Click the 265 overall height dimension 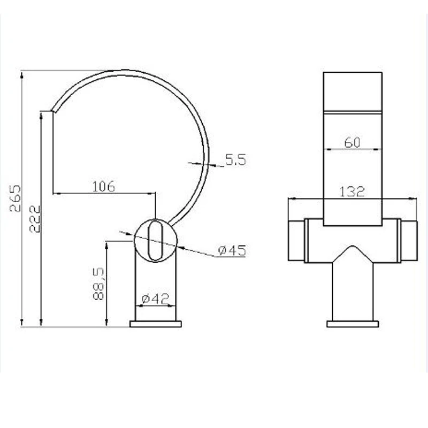click(15, 198)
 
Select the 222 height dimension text click(35, 219)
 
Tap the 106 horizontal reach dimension click(104, 187)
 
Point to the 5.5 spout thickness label click(236, 159)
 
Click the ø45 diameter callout click(232, 250)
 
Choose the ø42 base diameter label click(155, 299)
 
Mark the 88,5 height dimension click(98, 284)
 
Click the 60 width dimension click(352, 142)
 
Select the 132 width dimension click(352, 192)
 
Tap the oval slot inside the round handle click(155, 240)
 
